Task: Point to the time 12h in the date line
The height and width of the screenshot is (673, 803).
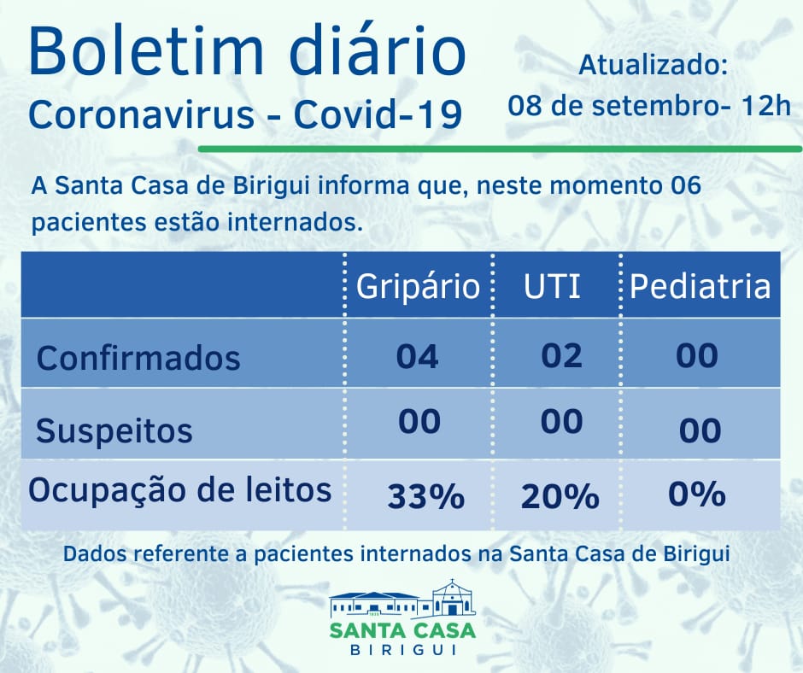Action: (x=768, y=107)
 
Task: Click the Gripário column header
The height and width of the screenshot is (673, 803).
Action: (x=418, y=286)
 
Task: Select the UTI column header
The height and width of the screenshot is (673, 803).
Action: (x=552, y=286)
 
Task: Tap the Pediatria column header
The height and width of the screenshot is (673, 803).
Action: (x=700, y=286)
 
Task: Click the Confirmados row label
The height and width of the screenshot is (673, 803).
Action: (x=138, y=357)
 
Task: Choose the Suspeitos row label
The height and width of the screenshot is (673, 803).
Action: (x=114, y=430)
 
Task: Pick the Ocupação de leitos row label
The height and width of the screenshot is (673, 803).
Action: (x=180, y=490)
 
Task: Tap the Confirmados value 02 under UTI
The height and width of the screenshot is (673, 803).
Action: (x=562, y=354)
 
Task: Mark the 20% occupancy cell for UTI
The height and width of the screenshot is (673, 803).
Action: (x=560, y=496)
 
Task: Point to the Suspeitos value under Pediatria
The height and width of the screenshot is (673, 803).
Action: (x=700, y=430)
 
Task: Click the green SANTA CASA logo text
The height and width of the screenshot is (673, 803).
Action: (x=401, y=630)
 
